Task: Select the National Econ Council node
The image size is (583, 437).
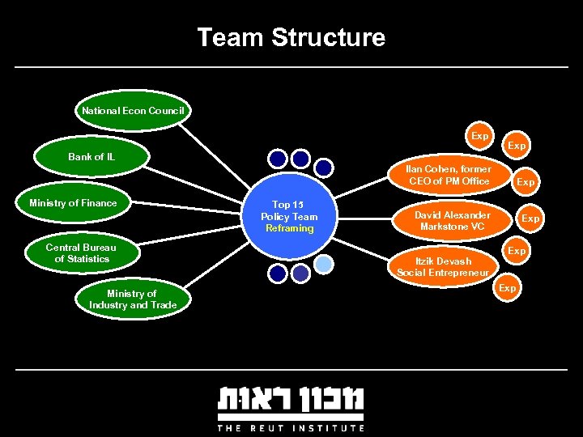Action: pos(133,110)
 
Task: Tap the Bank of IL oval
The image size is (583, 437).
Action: pos(91,156)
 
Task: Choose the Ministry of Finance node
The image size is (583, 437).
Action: pos(73,203)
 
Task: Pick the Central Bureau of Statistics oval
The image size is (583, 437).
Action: pos(81,253)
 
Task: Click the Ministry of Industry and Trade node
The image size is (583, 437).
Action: pos(131,299)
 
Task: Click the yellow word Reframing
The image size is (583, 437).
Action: pos(289,228)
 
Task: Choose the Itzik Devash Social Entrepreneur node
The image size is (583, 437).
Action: pos(442,267)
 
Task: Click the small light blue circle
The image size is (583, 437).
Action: pos(323,264)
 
